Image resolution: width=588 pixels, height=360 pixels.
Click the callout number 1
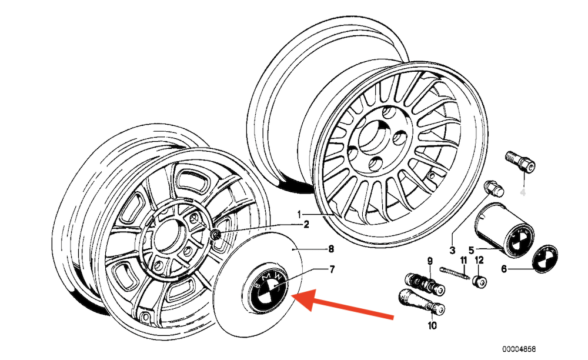[299, 213]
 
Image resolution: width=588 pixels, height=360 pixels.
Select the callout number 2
[306, 224]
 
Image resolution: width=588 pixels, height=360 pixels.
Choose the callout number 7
[331, 269]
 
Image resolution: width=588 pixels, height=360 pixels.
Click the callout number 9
[429, 261]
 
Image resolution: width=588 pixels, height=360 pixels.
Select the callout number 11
[463, 261]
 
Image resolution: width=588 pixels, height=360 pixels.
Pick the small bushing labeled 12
[480, 281]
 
